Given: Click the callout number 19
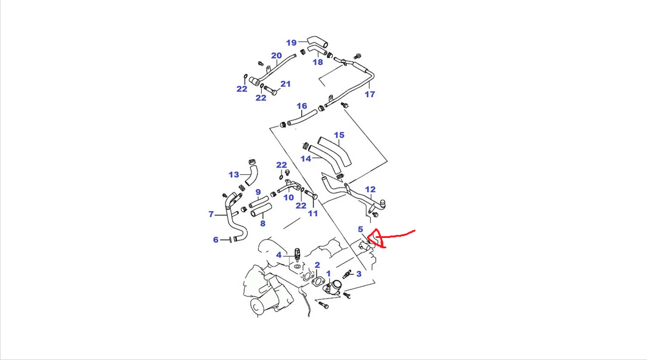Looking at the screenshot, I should point(292,42).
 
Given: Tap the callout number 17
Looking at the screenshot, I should point(370,94).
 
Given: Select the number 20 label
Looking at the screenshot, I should point(276,56).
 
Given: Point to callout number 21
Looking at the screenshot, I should point(286,84).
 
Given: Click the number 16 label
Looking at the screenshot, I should point(302,106).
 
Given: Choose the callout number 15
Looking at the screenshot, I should point(339,135).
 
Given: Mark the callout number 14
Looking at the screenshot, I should point(306,158).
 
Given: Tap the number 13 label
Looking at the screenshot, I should point(234,175).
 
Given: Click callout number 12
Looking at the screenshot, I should point(370,190).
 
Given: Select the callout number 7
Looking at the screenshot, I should point(211,214).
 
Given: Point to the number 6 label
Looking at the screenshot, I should point(216,240).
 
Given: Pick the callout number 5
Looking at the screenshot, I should point(360,229).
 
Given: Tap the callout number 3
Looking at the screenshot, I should point(359,274).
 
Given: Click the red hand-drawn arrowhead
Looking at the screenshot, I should point(378,239).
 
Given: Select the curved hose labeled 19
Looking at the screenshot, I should point(317,41).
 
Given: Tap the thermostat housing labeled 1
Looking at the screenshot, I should point(334,287).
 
